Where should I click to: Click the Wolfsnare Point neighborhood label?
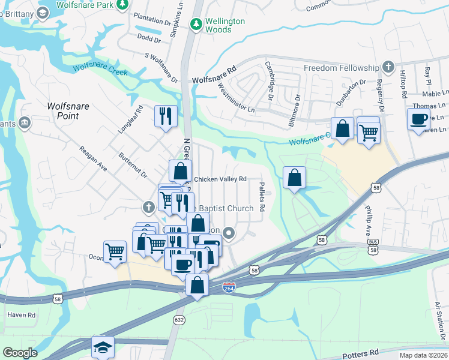click(x=68, y=111)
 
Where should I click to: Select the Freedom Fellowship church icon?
click(x=388, y=67)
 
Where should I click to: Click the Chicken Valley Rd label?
click(x=220, y=179)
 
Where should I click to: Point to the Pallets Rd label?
click(x=262, y=197)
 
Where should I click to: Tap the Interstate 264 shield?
click(x=228, y=287)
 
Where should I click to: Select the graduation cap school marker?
click(x=103, y=347)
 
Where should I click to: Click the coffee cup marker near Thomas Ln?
click(x=418, y=119)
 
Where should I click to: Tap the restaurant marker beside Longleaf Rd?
click(x=164, y=116)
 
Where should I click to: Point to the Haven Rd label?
click(x=21, y=314)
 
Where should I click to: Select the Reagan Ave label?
click(x=94, y=158)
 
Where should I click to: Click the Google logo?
click(x=20, y=353)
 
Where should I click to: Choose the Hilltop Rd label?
click(x=403, y=84)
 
